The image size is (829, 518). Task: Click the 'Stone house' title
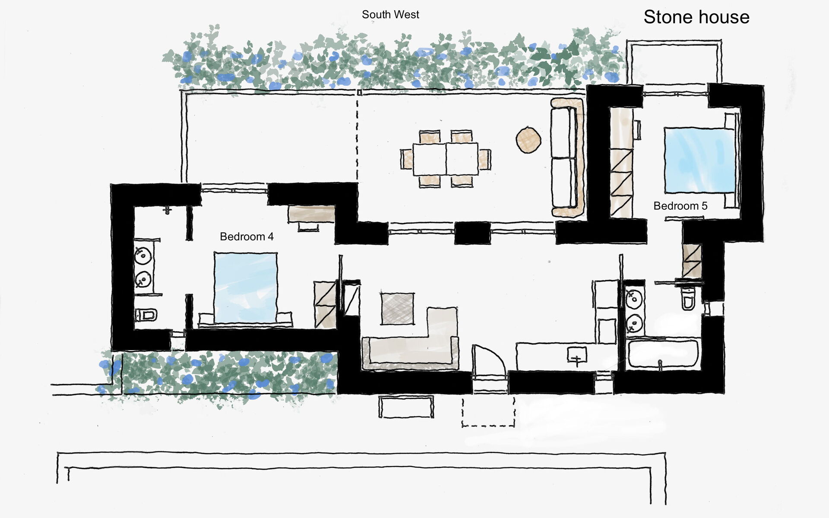(696, 17)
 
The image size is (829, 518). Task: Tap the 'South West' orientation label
(390, 15)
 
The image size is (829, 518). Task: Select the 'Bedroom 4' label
(247, 237)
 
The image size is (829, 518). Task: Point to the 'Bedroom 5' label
(680, 206)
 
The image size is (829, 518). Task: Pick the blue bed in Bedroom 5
(699, 160)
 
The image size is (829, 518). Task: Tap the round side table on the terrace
(528, 139)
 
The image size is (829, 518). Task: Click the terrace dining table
(446, 159)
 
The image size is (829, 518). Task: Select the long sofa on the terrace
(567, 158)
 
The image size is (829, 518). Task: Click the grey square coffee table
(397, 308)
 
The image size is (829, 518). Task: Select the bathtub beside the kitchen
(662, 355)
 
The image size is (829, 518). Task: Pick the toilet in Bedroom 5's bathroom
(688, 298)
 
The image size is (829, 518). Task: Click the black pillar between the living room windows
(472, 233)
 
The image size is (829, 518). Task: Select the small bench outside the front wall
(406, 407)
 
